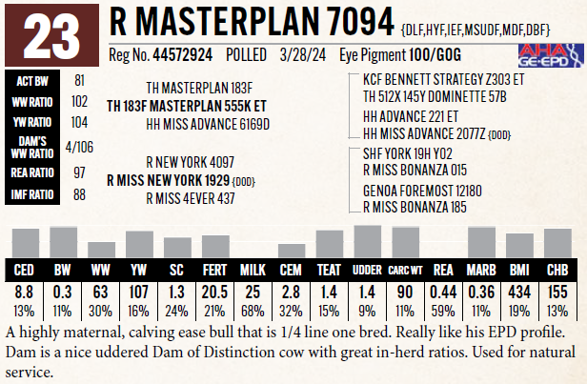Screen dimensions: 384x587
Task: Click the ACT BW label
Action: (30, 82)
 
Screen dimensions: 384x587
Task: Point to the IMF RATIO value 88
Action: (79, 194)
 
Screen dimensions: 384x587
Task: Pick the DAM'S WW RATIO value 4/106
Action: (79, 146)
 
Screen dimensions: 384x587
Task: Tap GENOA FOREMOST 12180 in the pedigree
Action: (422, 191)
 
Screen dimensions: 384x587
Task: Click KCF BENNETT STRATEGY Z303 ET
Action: (442, 80)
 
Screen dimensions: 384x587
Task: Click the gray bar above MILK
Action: (253, 245)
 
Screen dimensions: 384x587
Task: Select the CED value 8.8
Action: (26, 291)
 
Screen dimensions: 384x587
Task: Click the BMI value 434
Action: (520, 291)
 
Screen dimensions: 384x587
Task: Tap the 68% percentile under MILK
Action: (253, 309)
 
